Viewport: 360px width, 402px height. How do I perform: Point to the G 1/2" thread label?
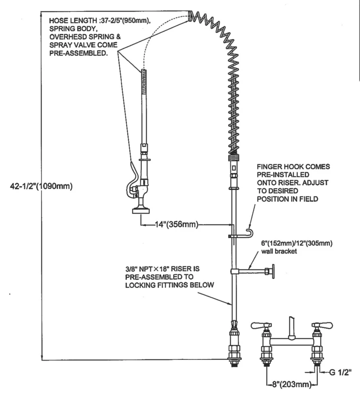pyautogui.click(x=340, y=373)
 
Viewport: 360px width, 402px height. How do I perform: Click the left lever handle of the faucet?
pyautogui.click(x=259, y=324)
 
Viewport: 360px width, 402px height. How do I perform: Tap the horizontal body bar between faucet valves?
pyautogui.click(x=292, y=342)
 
